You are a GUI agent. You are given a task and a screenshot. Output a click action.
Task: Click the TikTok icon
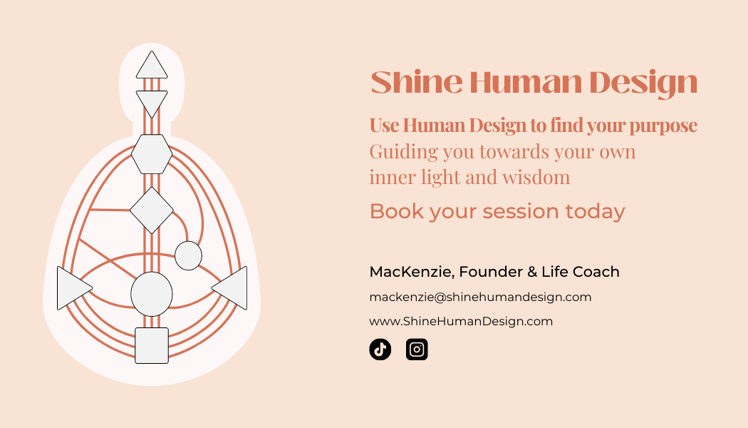point(380,350)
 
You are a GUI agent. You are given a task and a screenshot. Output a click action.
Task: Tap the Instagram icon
point(417,350)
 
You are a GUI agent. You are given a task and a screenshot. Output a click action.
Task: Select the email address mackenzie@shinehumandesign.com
point(480,297)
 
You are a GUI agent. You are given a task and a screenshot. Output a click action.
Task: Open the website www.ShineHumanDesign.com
point(461,321)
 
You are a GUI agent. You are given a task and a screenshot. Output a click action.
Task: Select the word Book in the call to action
point(396,211)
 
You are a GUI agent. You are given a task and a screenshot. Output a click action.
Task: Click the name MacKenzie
point(412,272)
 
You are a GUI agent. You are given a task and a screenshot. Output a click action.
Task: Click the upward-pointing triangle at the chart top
point(152,64)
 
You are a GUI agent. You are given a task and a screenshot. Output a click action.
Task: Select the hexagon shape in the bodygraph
point(152,154)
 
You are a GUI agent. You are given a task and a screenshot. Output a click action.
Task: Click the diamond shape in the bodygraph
point(152,210)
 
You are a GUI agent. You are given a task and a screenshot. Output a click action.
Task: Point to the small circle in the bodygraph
point(189,255)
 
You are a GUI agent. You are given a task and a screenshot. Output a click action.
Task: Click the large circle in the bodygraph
point(152,294)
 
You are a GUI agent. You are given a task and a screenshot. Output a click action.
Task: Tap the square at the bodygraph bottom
point(152,346)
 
